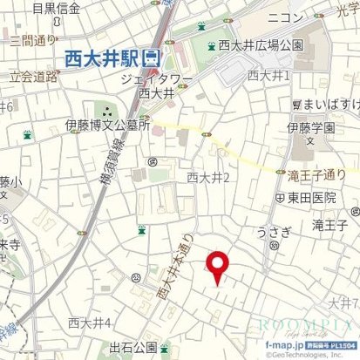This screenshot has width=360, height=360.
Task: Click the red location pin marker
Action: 217,266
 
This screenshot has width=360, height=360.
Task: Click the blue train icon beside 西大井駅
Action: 152,58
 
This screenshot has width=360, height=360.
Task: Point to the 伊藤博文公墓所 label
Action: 107,125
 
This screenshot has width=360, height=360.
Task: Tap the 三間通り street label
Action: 31,39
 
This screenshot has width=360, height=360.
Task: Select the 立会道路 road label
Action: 34,76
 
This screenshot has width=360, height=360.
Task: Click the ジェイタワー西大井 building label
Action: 157,83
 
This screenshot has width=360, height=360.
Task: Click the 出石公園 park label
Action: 132,348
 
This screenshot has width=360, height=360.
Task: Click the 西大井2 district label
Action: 207,178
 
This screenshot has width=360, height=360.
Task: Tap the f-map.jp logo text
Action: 284,345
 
